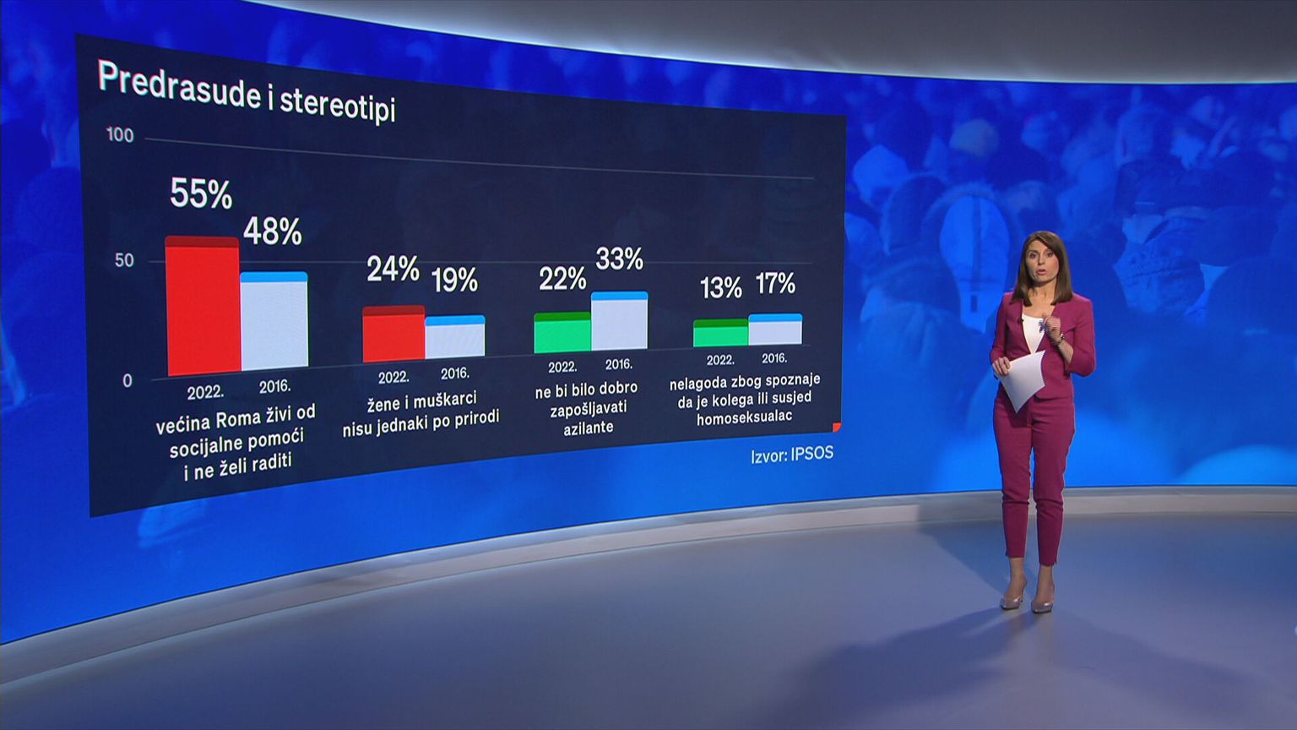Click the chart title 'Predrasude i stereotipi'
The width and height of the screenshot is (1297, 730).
coord(246,92)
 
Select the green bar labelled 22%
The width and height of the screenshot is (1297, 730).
coord(562,333)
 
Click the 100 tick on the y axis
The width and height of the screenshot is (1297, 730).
coord(120,135)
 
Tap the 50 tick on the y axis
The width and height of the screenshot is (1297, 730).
coord(124,260)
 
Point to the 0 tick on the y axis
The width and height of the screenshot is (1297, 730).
coord(128,381)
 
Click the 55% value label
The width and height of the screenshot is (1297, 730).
coord(201,194)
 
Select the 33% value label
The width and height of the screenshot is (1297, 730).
coord(620,259)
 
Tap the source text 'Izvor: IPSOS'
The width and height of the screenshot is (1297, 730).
coord(792,455)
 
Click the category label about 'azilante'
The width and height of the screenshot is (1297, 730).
coord(587,408)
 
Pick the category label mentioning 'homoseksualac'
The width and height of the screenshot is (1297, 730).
coord(744,399)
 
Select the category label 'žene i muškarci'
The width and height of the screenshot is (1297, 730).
coord(421,411)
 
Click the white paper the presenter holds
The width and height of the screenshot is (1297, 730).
coord(1024,380)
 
